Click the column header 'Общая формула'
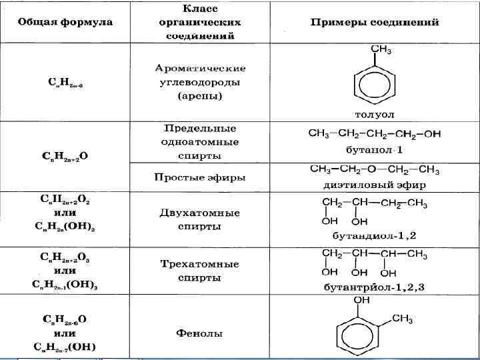point(65,23)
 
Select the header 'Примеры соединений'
point(375,23)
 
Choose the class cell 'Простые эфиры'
point(200,177)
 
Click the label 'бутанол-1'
point(374,149)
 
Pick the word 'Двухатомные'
point(200,213)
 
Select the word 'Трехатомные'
point(200,264)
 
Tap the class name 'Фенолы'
point(200,333)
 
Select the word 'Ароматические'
point(200,69)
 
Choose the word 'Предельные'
point(200,128)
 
